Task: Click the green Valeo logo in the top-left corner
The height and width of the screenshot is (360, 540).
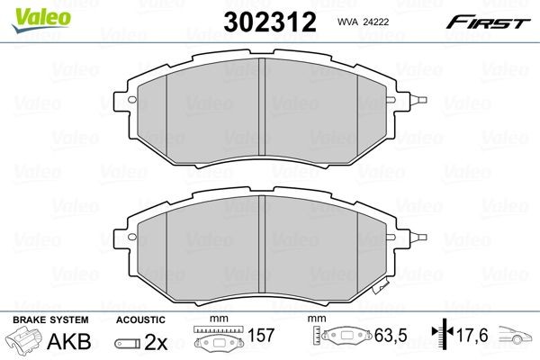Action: pyautogui.click(x=30, y=11)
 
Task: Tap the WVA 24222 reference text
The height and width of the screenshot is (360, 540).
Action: pyautogui.click(x=362, y=22)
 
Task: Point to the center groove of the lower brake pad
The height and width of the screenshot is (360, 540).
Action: pyautogui.click(x=260, y=248)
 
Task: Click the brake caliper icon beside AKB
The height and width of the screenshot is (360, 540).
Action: pyautogui.click(x=25, y=342)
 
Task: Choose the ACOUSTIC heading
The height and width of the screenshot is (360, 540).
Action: pyautogui.click(x=140, y=320)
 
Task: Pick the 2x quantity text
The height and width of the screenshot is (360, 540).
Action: pyautogui.click(x=157, y=343)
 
